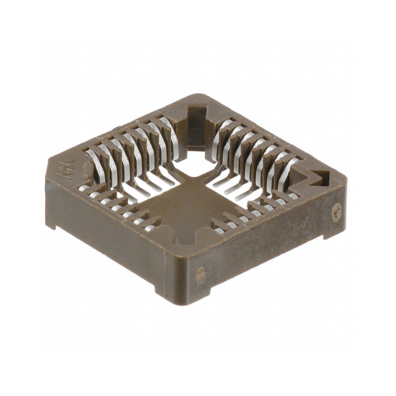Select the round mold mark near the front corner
click(201, 273)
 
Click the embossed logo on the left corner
click(63, 167)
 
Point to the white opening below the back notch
click(193, 163)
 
